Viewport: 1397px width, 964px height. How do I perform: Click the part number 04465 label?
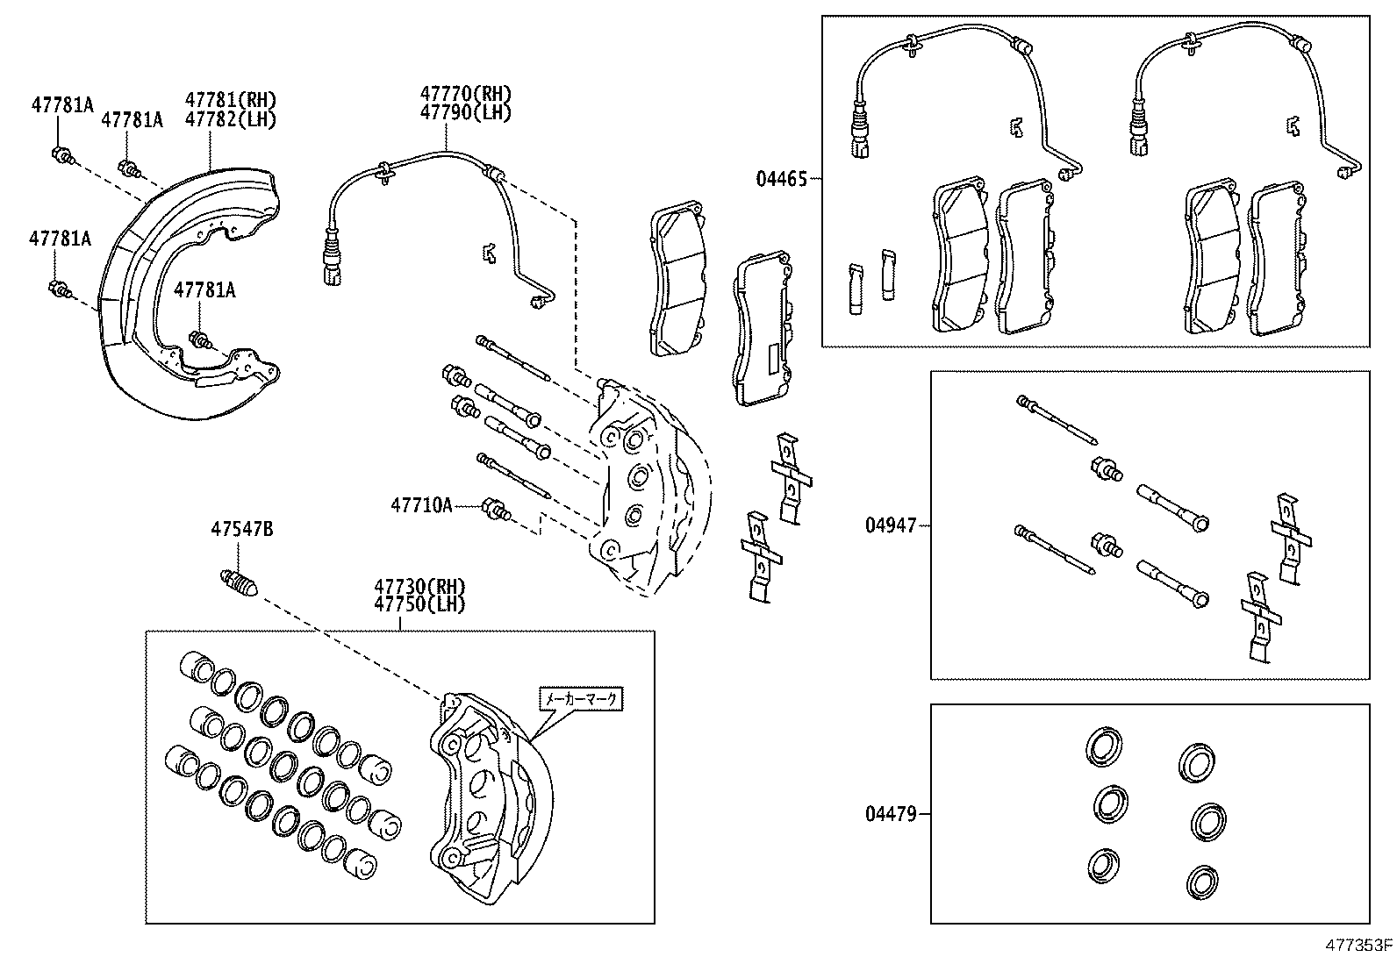point(780,179)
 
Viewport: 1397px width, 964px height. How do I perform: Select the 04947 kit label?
point(890,525)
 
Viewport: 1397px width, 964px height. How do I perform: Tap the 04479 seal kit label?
point(890,814)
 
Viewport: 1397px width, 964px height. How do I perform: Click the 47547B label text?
point(241,529)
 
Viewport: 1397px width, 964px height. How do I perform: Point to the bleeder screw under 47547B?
point(237,582)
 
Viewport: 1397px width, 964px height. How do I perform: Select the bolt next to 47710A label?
point(498,510)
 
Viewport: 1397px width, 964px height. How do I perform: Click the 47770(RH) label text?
point(464,94)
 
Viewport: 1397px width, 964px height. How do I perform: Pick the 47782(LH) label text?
point(230,120)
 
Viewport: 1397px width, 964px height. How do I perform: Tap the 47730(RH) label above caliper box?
point(419,586)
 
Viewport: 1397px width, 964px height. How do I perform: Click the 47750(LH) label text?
point(419,604)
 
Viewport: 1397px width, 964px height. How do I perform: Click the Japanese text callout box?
point(580,699)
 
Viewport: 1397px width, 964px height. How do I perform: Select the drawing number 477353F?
point(1358,946)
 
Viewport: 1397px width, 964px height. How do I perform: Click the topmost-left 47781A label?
point(61,104)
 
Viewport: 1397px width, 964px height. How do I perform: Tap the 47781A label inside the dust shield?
point(204,289)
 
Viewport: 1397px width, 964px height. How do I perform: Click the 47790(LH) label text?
point(464,112)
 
